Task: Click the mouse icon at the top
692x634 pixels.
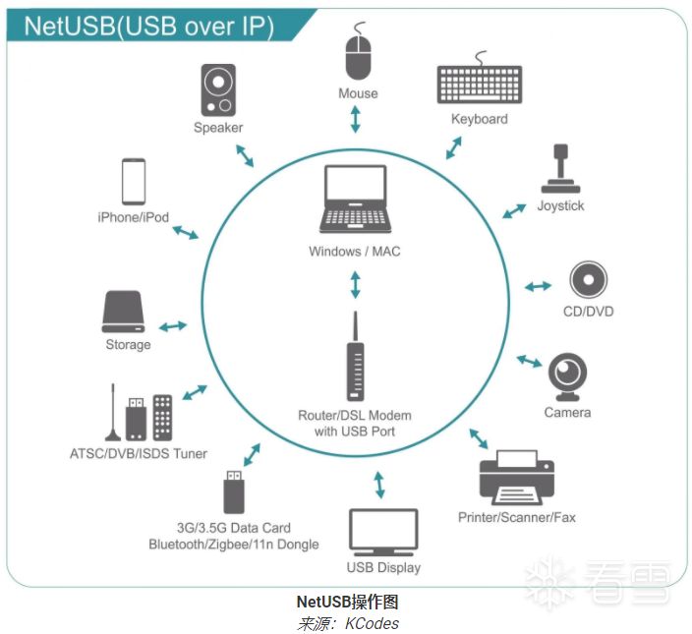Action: tap(357, 57)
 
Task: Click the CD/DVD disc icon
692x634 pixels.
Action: tap(587, 280)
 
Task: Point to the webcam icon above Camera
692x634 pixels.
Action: tap(568, 375)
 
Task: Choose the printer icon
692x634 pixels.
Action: tap(516, 475)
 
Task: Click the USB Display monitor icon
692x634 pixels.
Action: tap(383, 532)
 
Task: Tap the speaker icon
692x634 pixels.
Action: tap(217, 90)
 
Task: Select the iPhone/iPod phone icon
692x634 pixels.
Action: tap(134, 181)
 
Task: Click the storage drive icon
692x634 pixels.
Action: tap(128, 312)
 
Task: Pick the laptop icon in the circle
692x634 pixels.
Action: tap(355, 200)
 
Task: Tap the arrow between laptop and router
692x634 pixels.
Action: tap(355, 285)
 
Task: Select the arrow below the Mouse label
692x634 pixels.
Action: tap(356, 119)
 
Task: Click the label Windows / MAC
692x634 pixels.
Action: tap(355, 252)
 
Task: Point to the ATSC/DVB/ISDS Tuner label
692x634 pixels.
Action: tap(139, 453)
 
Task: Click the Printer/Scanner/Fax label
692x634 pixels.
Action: tap(517, 517)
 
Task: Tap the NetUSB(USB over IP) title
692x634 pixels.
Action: tap(148, 26)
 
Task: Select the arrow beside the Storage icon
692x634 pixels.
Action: tap(174, 325)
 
